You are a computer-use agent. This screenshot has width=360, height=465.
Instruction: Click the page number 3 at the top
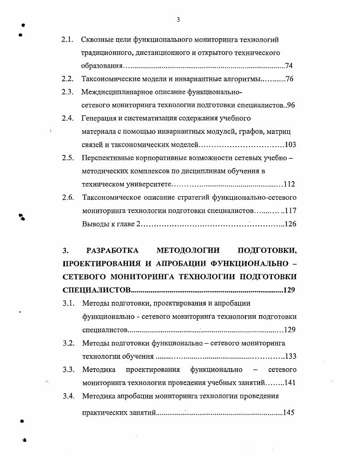pos(178,19)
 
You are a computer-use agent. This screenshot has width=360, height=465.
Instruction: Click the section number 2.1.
pos(68,40)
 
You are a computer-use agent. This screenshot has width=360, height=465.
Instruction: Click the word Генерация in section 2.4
pos(99,119)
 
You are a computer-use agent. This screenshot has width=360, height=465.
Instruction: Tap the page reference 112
pos(289,184)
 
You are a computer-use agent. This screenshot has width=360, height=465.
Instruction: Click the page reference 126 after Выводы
pos(290,224)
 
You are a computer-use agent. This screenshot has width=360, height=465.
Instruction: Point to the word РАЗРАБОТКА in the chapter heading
pos(112,250)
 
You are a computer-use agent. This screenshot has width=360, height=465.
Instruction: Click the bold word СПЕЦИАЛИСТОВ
pos(96,290)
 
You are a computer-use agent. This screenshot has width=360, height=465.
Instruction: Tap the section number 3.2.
pos(69,343)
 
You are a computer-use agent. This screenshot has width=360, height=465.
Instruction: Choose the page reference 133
pos(290,356)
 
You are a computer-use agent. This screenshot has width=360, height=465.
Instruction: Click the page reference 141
pos(289,382)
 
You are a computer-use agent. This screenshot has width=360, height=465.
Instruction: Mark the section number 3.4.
pos(69,396)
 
